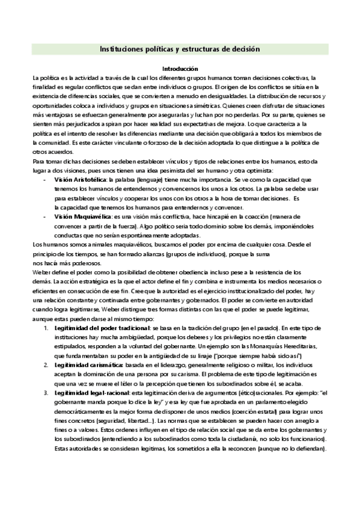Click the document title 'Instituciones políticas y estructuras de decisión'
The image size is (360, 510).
pos(180,49)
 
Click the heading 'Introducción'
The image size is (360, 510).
pos(180,69)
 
